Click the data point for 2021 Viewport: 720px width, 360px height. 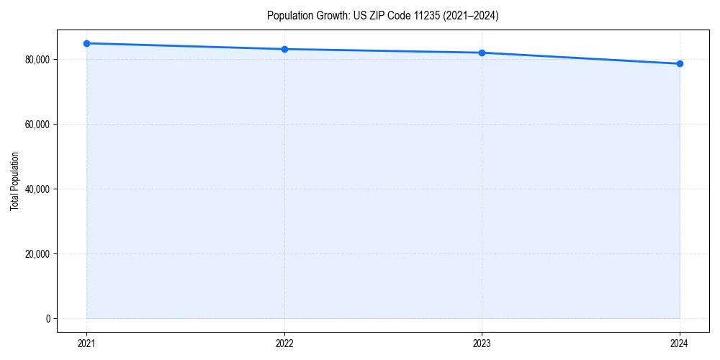[86, 43]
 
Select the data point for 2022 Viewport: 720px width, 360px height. [284, 49]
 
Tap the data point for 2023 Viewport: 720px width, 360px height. [482, 53]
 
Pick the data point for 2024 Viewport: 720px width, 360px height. [680, 63]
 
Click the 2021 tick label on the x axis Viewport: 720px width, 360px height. [86, 343]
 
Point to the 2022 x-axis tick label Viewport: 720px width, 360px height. [284, 343]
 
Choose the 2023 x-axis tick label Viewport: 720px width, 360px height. [482, 343]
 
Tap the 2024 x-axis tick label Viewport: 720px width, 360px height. [680, 343]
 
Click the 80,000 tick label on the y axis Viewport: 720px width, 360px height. [37, 59]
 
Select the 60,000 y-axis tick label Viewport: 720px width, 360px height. [37, 124]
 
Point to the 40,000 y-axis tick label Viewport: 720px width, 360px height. [37, 189]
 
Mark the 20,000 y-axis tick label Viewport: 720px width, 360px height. [37, 253]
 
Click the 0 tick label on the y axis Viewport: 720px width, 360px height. [48, 318]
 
